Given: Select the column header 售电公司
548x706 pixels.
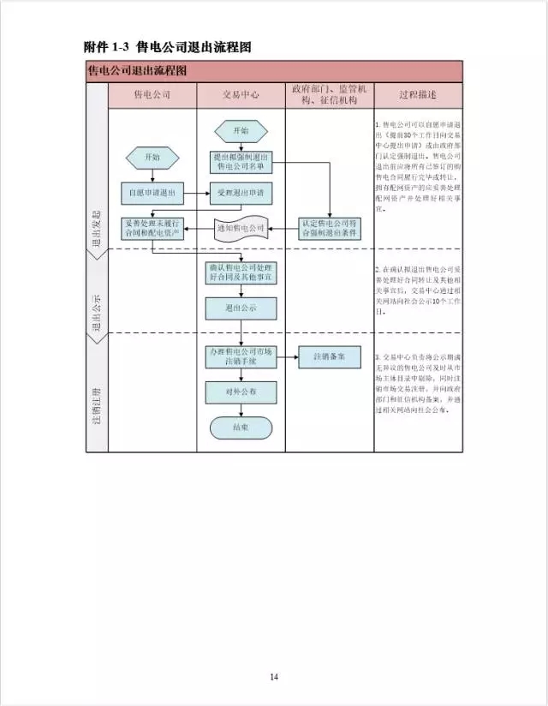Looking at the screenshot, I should pos(152,94).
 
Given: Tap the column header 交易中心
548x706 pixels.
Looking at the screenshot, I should pos(241,94).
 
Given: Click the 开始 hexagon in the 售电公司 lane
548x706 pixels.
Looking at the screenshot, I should pos(152,157).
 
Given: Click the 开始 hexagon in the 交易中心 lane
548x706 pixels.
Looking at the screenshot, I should pos(241,131).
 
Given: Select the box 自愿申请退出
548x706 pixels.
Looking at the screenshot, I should pos(152,194).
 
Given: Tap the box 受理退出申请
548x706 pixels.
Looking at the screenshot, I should pos(241,194).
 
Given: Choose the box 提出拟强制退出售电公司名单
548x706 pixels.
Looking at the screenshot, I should pos(241,162).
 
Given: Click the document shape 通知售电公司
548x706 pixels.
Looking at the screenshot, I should pos(241,229).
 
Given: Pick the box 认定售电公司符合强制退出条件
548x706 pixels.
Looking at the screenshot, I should pos(330,228).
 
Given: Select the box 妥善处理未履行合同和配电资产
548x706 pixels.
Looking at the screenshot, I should pos(152,228).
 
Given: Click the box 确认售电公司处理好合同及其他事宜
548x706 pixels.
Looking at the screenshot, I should pos(241,272).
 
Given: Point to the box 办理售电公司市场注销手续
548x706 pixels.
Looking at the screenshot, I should pos(241,357).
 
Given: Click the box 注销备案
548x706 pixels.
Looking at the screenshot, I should pos(330,357).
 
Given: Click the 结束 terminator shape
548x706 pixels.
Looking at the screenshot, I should pos(241,427).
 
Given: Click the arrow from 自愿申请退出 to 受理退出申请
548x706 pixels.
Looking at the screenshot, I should pos(198,194).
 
